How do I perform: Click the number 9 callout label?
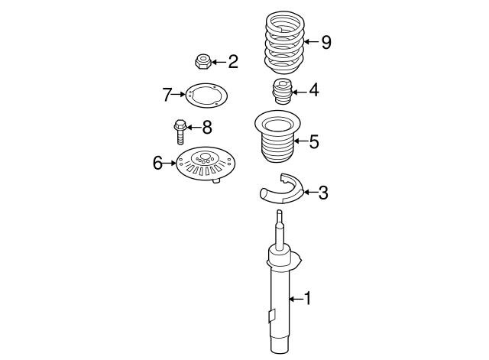(326, 42)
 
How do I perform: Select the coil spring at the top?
(285, 42)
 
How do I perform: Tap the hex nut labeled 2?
(203, 61)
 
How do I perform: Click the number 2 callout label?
(233, 61)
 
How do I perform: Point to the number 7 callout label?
(167, 95)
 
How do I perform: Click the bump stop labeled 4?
(282, 91)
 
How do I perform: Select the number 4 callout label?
(314, 90)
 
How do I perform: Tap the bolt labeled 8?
(180, 131)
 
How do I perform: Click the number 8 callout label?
(207, 128)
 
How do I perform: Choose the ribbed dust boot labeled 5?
(277, 136)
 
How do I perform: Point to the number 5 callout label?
(314, 141)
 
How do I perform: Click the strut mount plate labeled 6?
(205, 164)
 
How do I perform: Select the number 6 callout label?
(158, 163)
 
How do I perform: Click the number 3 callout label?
(323, 193)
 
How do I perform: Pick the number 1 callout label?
(307, 299)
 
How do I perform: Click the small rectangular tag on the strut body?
(272, 316)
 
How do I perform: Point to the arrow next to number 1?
(296, 299)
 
